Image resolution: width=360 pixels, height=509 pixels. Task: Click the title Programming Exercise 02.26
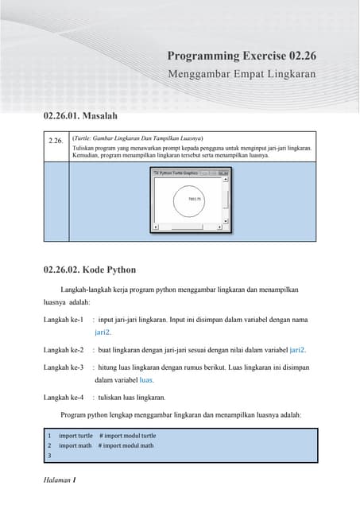[x=242, y=56]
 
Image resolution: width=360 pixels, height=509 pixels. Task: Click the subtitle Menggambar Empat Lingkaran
[x=242, y=74]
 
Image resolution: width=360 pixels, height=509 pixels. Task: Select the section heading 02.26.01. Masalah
[x=86, y=117]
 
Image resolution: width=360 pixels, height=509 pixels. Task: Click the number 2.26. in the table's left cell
[x=56, y=141]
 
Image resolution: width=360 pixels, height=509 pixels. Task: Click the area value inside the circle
[x=193, y=199]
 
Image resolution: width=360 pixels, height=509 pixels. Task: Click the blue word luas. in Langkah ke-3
[x=141, y=380]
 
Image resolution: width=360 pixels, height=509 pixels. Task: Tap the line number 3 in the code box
[x=49, y=457]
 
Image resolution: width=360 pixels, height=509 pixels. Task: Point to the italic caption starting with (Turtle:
[x=137, y=138]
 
